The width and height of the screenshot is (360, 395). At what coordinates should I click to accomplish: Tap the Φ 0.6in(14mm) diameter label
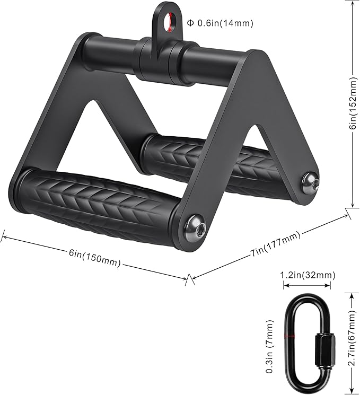220,23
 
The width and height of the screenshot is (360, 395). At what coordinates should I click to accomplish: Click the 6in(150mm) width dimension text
94,258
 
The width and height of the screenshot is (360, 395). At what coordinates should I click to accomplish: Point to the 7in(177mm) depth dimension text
276,245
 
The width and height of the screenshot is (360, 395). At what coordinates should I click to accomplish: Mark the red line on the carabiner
289,336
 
